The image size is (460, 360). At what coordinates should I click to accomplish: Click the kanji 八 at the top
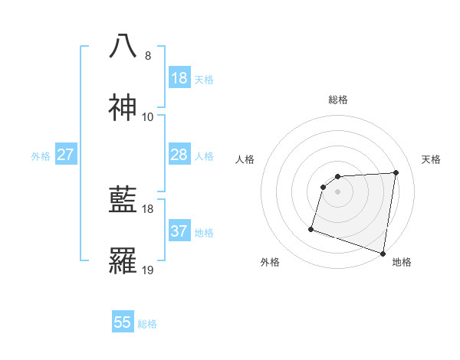tap(123, 47)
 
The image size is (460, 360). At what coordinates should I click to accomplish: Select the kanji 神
tap(123, 108)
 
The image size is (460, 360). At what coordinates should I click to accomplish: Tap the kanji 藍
tap(123, 200)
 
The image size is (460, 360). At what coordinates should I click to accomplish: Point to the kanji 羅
tap(123, 261)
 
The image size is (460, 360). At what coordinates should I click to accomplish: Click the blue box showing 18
tap(179, 78)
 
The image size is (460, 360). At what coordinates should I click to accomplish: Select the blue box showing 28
tap(179, 155)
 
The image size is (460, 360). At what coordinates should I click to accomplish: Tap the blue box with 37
tap(179, 231)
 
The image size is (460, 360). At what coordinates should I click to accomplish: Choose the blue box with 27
tap(65, 155)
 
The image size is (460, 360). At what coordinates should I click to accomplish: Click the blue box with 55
tap(123, 322)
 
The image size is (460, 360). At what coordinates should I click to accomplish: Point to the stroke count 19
tap(147, 270)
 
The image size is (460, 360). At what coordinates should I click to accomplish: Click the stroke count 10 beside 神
tap(147, 117)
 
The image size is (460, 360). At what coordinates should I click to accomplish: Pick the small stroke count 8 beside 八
tap(147, 56)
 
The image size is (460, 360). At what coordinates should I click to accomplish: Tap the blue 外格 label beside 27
tap(41, 155)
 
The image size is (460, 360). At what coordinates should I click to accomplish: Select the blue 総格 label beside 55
tap(147, 323)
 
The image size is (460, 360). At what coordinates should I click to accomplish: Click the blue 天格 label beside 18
tap(204, 79)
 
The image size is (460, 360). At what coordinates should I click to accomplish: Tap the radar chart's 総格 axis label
tap(338, 100)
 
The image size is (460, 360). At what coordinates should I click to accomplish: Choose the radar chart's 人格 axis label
tap(245, 159)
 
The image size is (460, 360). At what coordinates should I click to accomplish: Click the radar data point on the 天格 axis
tap(396, 172)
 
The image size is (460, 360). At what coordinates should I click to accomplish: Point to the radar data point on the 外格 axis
tap(311, 228)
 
